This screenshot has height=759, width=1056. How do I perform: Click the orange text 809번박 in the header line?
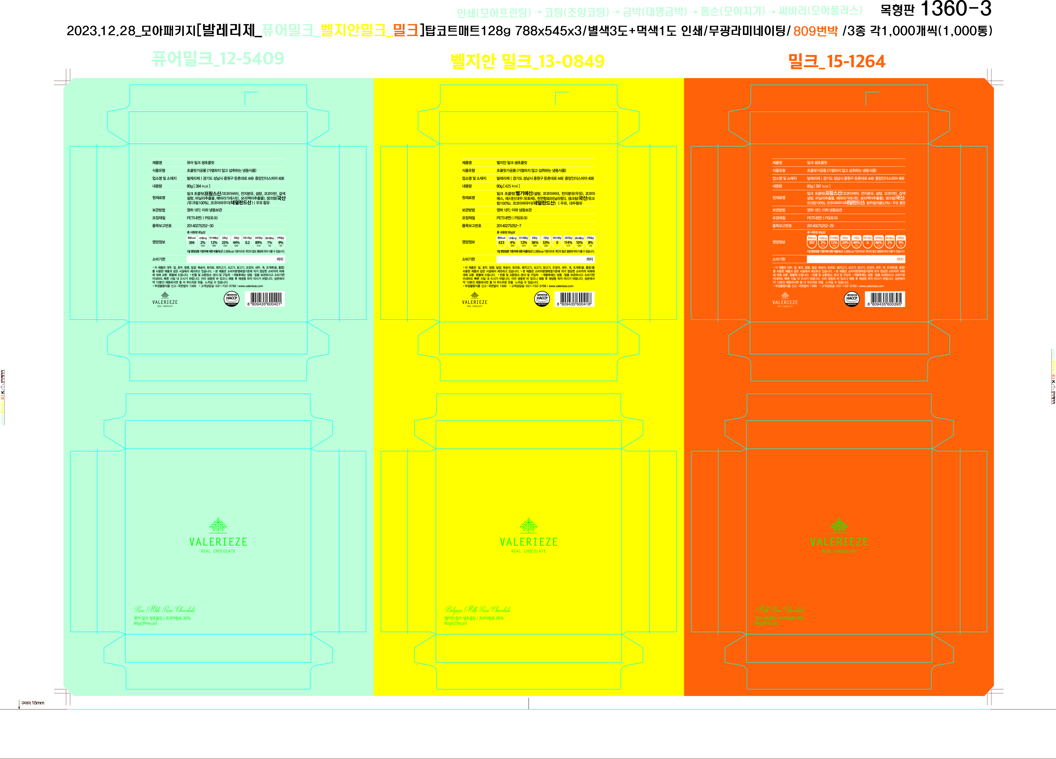815,31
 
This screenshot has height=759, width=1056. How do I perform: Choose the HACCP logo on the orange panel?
852,299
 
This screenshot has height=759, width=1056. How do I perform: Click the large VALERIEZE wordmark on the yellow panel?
529,542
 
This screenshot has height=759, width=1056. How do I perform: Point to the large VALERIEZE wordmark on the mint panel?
218,542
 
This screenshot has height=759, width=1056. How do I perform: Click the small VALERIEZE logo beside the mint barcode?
165,300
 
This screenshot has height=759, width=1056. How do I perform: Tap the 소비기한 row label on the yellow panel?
468,259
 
